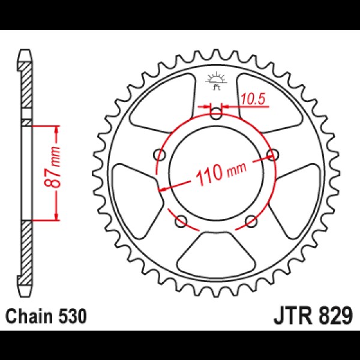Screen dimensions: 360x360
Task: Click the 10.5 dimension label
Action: click(253, 99)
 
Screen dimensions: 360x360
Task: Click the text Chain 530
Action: click(46, 316)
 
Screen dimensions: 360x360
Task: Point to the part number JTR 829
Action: click(313, 316)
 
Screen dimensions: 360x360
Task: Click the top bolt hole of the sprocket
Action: click(216, 113)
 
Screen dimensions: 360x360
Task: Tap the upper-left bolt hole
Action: click(160, 155)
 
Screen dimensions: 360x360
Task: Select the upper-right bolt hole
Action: click(272, 155)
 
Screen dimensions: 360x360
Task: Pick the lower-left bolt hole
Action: click(181, 221)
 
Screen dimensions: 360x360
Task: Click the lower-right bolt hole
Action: click(251, 221)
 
